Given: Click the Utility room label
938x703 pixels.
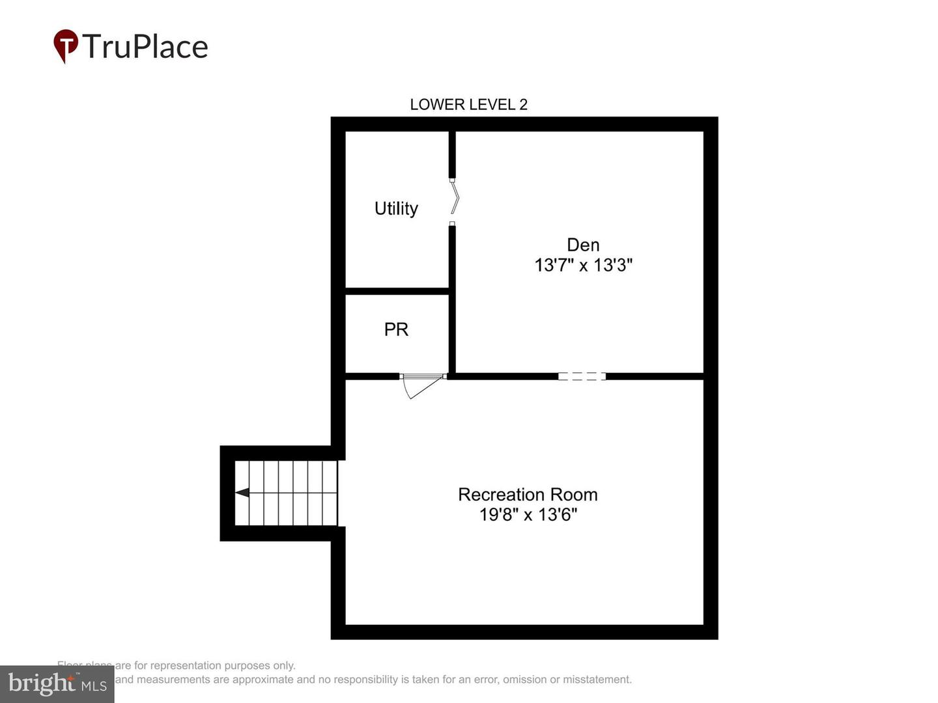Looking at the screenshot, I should (x=396, y=208).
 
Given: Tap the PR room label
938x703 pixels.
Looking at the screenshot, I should (x=396, y=329).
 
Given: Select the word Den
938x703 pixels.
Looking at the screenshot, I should (x=583, y=245).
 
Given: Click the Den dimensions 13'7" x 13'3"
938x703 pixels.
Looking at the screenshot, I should (x=583, y=265).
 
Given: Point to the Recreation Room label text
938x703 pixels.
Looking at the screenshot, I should (x=528, y=495).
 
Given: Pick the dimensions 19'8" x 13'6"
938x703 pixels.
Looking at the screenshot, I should (x=528, y=515).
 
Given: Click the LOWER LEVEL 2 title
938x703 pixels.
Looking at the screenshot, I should (x=468, y=104).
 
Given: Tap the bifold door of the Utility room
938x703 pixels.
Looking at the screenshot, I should (x=455, y=199).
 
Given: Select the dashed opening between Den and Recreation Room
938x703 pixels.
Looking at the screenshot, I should (x=582, y=376).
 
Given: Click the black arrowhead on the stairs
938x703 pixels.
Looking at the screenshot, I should (x=242, y=493).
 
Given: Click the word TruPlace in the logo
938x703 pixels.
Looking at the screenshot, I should (x=145, y=47).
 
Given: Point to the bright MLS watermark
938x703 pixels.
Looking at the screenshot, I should (x=57, y=684).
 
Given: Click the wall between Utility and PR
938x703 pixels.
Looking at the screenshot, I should (x=397, y=291).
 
